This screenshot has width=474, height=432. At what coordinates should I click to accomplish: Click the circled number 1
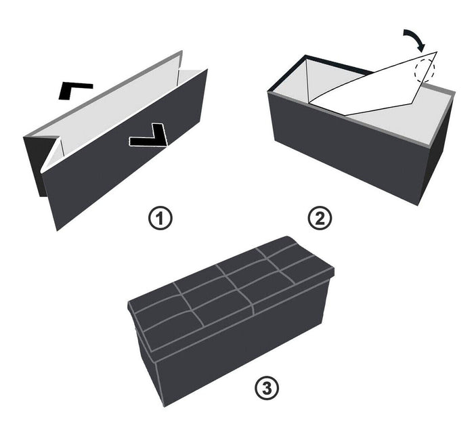click(160, 218)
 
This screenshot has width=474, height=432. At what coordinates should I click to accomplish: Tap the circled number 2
click(320, 218)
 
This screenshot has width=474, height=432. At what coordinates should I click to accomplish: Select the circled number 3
click(267, 388)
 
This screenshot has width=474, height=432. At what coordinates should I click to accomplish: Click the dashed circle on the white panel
click(424, 70)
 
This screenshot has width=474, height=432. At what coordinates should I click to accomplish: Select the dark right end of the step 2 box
click(437, 151)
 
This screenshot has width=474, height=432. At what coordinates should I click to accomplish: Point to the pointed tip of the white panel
click(437, 52)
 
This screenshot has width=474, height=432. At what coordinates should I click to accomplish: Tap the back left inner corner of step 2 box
click(306, 60)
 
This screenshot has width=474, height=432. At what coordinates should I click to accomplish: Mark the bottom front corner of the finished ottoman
click(165, 406)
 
